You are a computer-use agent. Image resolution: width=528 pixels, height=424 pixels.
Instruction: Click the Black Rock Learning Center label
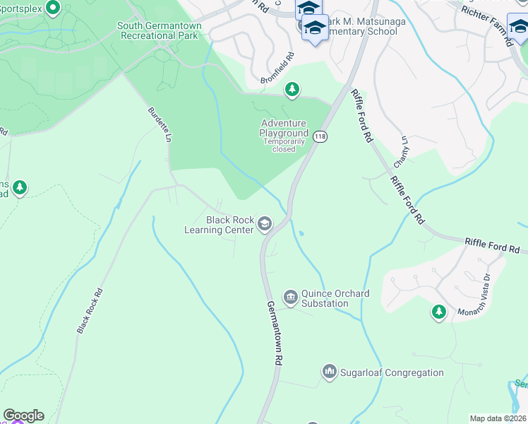tap(218, 225)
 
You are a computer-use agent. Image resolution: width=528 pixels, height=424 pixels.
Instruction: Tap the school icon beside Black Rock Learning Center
tap(265, 225)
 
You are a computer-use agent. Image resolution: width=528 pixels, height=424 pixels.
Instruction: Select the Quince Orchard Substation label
tap(325, 299)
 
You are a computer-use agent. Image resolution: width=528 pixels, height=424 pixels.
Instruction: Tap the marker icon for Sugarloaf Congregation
tap(329, 371)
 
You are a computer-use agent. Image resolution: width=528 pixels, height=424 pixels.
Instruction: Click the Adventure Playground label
tap(284, 128)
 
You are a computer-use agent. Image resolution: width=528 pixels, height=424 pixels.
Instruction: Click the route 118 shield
tap(320, 136)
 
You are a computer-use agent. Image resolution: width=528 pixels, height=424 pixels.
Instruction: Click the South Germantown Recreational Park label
tap(160, 31)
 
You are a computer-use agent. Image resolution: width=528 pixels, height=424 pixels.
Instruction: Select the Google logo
tap(23, 416)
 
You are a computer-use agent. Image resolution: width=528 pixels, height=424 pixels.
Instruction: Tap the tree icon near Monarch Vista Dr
tap(439, 311)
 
